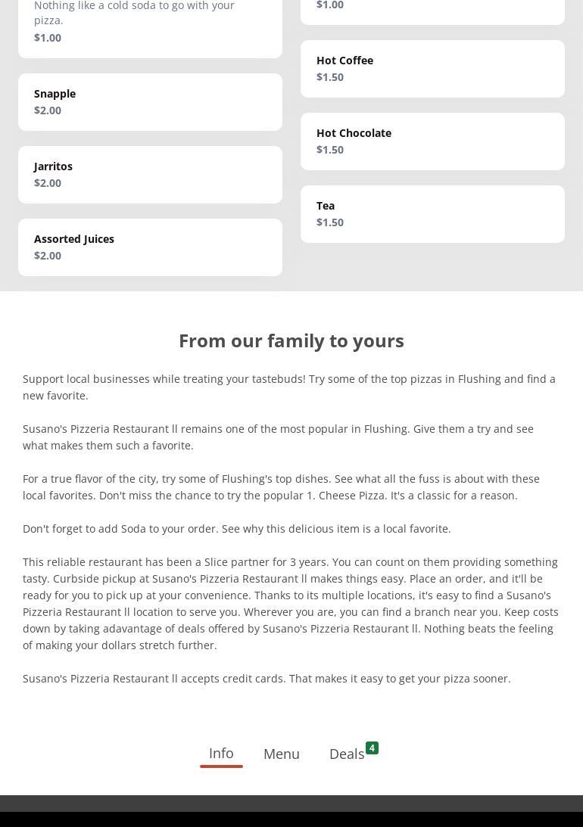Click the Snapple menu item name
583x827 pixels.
pos(55,94)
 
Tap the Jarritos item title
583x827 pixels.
pos(53,166)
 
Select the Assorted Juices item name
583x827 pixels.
pos(74,239)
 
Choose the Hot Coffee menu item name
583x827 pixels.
pos(344,61)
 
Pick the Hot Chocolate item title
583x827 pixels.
pos(354,133)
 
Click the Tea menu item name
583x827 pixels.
pos(326,206)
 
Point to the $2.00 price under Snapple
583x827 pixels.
pos(48,110)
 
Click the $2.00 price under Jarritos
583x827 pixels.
pos(48,183)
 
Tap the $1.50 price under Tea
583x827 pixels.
pos(330,222)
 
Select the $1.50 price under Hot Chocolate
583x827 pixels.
pos(330,150)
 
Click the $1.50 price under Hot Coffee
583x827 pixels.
pos(330,77)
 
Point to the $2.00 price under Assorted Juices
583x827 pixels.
pos(48,256)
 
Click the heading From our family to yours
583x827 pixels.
pos(291,340)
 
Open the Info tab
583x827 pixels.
pos(221,753)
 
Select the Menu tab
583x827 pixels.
pos(282,754)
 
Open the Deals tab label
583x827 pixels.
pos(347,754)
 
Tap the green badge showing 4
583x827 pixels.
pos(372,748)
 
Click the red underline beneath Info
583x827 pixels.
pos(221,766)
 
